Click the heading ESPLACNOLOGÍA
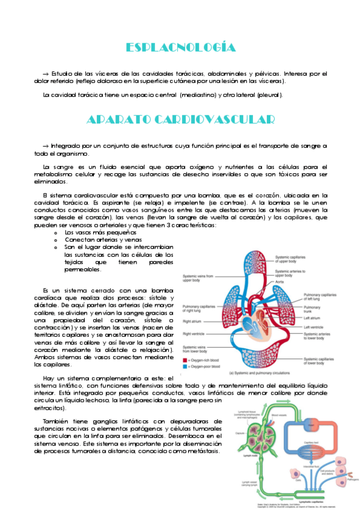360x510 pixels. point(180,48)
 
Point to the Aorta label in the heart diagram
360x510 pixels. point(280,281)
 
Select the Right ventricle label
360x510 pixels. point(194,333)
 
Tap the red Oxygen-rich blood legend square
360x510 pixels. point(184,360)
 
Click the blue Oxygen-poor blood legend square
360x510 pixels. point(184,366)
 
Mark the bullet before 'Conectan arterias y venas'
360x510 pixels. point(55,240)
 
